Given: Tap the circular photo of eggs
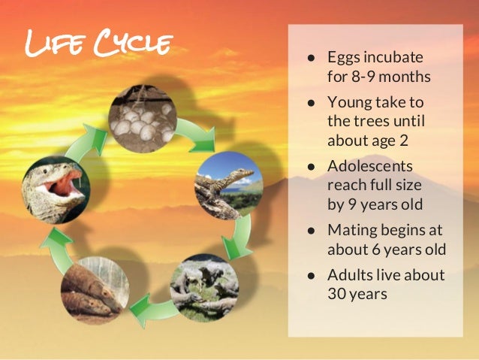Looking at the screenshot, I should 141,118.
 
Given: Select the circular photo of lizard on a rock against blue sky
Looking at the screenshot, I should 228,185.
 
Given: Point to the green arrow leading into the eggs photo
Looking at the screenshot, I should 93,138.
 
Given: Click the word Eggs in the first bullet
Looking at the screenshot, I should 343,57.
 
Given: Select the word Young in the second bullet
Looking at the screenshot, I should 348,102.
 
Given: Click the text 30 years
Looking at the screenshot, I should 357,294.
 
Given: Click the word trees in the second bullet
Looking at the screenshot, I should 371,121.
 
